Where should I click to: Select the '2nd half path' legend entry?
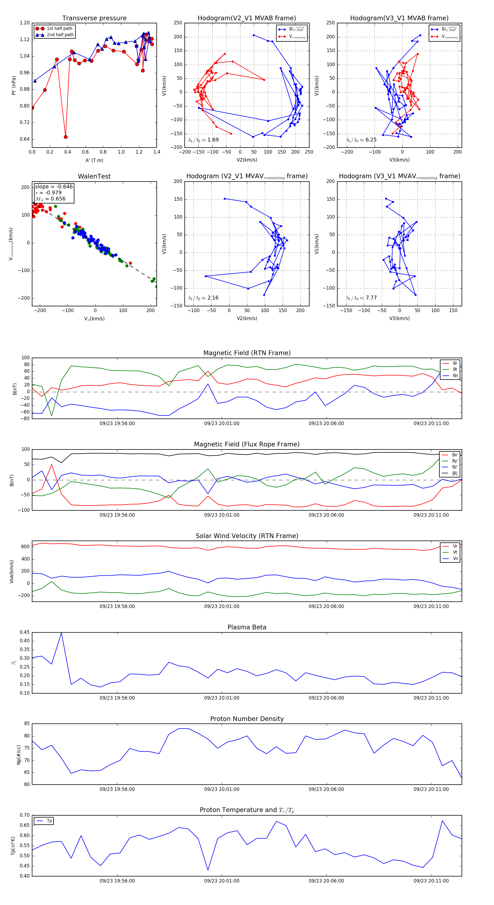pos(60,35)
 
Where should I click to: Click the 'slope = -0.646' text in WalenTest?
pos(54,186)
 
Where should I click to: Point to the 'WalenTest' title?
pos(94,176)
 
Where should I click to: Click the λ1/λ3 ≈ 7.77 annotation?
pos(361,298)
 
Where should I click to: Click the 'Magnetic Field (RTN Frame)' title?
pos(247,353)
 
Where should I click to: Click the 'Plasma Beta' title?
pos(247,627)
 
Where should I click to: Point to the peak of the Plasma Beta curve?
pos(61,633)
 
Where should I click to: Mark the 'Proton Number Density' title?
pos(247,719)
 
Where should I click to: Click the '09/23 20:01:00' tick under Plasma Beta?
pos(222,698)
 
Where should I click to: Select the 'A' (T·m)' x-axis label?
pos(94,160)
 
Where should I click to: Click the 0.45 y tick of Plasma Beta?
pos(25,632)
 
